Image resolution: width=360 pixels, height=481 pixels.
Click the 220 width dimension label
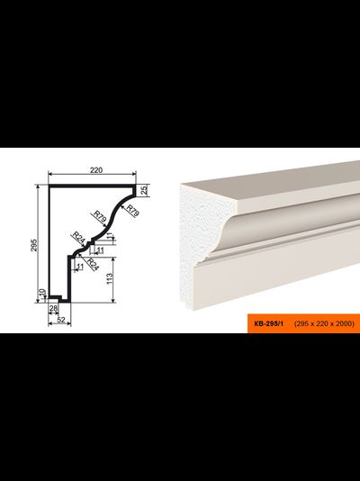[96, 170]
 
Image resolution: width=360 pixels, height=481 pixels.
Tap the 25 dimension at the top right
[145, 190]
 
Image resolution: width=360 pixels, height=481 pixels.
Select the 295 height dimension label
[33, 245]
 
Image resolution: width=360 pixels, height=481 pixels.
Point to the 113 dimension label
[110, 279]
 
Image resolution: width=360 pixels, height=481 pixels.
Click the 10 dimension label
[42, 293]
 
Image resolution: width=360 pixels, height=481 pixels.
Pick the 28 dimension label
[53, 308]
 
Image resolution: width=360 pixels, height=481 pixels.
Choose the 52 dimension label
[61, 320]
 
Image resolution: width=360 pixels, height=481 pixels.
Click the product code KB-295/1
[269, 323]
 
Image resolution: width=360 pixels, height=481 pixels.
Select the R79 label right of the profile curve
[133, 211]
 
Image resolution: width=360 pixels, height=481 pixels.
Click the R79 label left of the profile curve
[100, 217]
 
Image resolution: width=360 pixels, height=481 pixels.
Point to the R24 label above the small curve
[78, 238]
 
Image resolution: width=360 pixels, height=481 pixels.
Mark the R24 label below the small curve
[93, 264]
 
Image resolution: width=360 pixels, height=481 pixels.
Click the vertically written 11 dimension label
[111, 237]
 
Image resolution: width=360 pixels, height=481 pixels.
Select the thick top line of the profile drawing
[92, 186]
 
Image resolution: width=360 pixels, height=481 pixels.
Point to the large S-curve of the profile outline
[112, 216]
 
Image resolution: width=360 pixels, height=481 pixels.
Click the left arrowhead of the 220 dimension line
[50, 174]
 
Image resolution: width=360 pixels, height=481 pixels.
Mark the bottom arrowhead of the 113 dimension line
[113, 300]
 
